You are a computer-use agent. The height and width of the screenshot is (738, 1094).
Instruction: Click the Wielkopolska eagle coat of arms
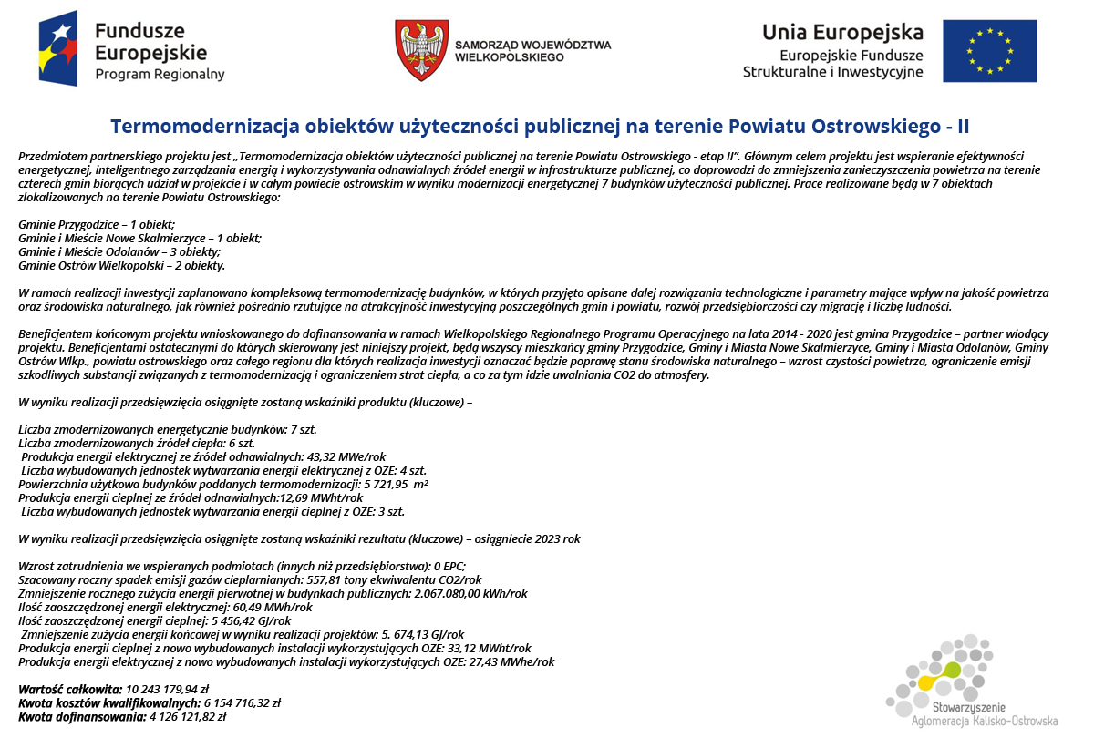pyautogui.click(x=421, y=50)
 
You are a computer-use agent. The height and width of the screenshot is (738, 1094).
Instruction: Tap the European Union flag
pyautogui.click(x=990, y=50)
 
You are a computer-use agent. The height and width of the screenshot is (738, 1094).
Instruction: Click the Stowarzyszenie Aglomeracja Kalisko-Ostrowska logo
pyautogui.click(x=969, y=683)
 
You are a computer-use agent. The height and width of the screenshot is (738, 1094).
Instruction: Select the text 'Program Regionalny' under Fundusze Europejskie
pyautogui.click(x=160, y=75)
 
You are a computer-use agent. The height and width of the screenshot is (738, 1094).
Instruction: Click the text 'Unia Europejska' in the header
pyautogui.click(x=842, y=32)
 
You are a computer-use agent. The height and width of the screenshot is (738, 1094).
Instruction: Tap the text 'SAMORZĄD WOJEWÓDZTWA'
pyautogui.click(x=532, y=44)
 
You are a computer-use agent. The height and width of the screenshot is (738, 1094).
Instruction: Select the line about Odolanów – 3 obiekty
pyautogui.click(x=119, y=251)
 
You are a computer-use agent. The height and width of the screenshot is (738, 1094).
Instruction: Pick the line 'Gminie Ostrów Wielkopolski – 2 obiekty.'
pyautogui.click(x=121, y=265)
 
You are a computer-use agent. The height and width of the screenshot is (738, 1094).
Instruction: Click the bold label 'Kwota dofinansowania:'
pyautogui.click(x=81, y=716)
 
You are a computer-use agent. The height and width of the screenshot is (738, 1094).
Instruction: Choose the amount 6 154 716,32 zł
pyautogui.click(x=242, y=702)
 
